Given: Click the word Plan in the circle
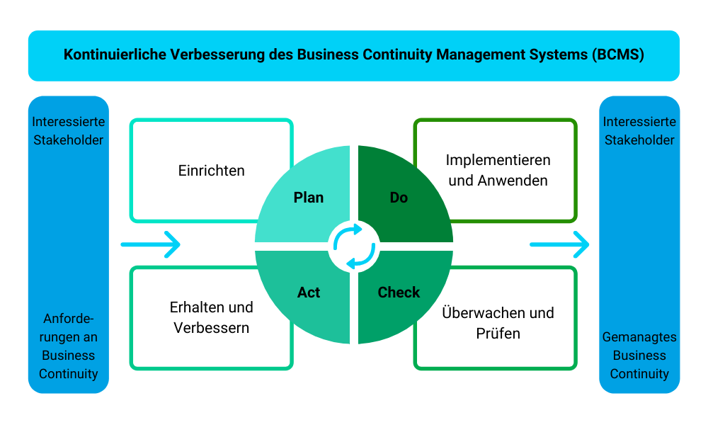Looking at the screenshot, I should pos(309,198).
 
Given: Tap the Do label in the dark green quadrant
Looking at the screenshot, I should pos(399,198).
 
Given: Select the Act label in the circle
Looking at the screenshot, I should pos(309,292).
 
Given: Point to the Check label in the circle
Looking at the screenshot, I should pos(399,292).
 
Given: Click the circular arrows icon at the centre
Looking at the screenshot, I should pos(354,246).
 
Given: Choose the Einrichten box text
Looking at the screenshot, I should pos(211,171).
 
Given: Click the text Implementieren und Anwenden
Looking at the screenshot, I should pos(498,171).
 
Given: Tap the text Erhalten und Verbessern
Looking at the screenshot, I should pos(211,318).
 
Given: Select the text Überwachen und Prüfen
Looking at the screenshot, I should pos(498,322).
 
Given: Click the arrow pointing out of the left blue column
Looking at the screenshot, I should pos(151,244).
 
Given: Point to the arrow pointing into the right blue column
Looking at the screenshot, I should pos(559,244).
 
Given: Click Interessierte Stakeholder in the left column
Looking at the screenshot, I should pos(68,131).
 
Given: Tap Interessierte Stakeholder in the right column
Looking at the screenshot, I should pos(639,131).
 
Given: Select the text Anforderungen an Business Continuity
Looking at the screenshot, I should pos(68,346).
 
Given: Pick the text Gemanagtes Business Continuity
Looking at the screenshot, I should pos(639,356).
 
